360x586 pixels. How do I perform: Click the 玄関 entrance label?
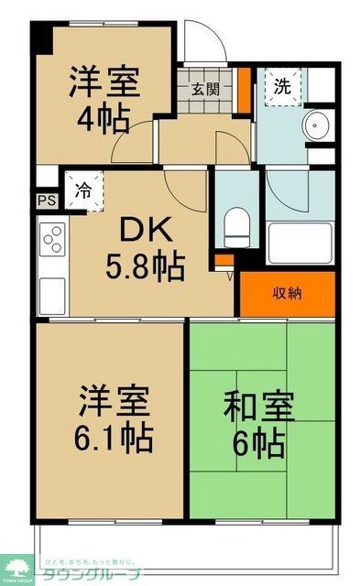(205, 89)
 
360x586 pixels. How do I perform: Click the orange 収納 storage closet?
(285, 293)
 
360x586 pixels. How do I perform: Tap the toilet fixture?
(235, 225)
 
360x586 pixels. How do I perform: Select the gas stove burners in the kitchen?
(51, 241)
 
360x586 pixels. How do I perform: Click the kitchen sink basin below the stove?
(51, 292)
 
